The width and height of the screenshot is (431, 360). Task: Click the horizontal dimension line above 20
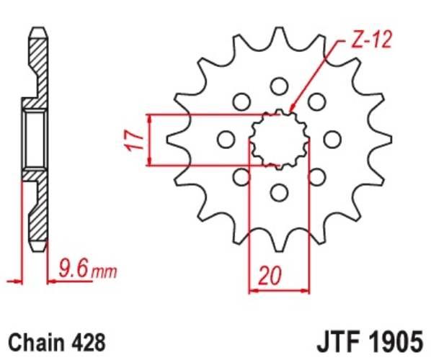(x=279, y=290)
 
